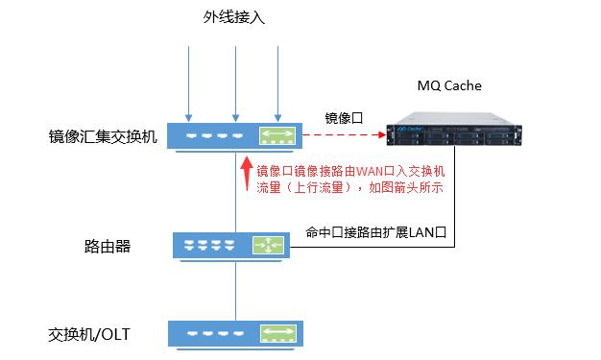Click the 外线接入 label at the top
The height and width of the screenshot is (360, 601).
pos(233,18)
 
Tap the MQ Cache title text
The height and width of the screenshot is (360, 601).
pos(449,86)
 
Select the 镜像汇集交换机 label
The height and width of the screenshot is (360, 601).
pos(103,136)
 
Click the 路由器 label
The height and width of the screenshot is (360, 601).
pos(108,246)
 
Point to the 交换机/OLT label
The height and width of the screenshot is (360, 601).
pos(89,335)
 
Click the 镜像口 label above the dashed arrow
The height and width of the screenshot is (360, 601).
pos(345,118)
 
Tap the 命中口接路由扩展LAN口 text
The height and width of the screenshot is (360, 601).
pos(377,232)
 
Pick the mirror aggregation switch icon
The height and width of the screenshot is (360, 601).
pos(234,136)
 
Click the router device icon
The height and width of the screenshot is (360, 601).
pos(234,245)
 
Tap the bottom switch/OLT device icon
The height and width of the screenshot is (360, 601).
pos(234,334)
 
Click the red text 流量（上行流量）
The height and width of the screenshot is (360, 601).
pos(300,188)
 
